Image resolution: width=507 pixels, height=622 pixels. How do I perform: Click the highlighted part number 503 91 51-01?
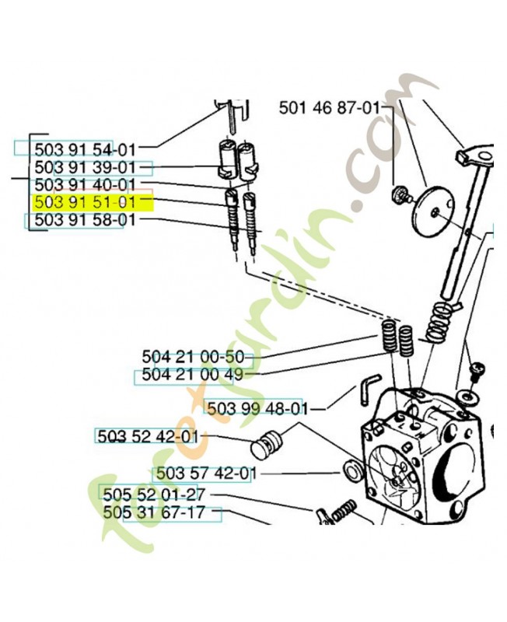(x=86, y=202)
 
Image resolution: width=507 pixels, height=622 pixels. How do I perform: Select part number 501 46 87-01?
(x=330, y=107)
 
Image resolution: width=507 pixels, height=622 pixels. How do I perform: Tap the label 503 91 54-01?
(x=86, y=150)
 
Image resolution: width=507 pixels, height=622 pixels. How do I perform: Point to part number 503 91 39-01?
(x=86, y=167)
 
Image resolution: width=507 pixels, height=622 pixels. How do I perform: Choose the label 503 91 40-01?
(x=86, y=185)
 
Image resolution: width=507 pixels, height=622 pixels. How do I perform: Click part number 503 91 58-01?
(x=86, y=220)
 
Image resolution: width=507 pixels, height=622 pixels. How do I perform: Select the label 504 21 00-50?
(x=193, y=357)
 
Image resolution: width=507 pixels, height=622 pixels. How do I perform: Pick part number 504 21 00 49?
(x=192, y=374)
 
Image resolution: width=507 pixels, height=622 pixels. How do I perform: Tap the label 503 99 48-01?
(x=257, y=408)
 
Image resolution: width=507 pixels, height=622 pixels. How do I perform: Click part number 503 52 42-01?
(x=148, y=437)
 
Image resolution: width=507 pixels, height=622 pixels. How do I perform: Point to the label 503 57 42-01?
(x=207, y=473)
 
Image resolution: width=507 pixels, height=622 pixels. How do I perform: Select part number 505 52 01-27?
(x=154, y=495)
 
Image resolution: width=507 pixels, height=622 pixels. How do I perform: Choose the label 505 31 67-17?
(x=154, y=512)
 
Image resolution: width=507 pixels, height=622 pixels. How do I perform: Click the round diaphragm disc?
(x=434, y=211)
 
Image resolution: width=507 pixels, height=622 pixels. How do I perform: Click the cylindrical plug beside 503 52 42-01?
(x=266, y=443)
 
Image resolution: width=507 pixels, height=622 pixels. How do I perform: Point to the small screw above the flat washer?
(x=475, y=372)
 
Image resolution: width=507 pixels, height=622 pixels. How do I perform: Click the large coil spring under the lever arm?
(x=439, y=321)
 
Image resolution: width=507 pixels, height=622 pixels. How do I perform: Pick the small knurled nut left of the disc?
(x=400, y=195)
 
